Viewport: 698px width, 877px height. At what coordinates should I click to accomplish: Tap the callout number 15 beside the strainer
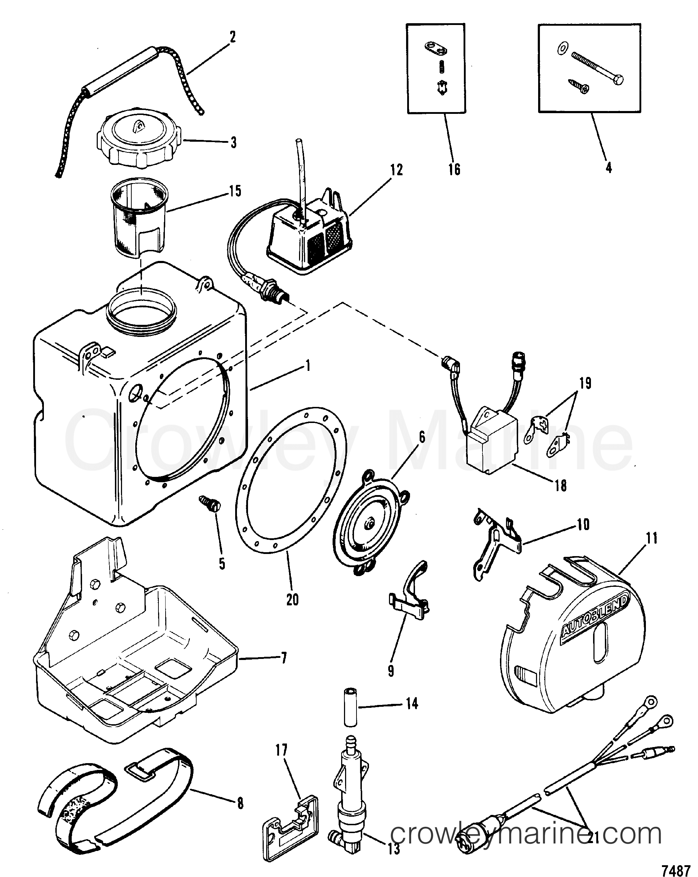coord(235,191)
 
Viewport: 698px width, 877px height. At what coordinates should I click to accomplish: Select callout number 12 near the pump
coord(396,170)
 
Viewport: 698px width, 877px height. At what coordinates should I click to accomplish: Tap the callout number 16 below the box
coord(454,169)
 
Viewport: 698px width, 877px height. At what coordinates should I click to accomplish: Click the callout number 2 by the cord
coord(232,37)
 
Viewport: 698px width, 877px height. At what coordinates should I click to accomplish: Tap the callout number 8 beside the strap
coord(240,803)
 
